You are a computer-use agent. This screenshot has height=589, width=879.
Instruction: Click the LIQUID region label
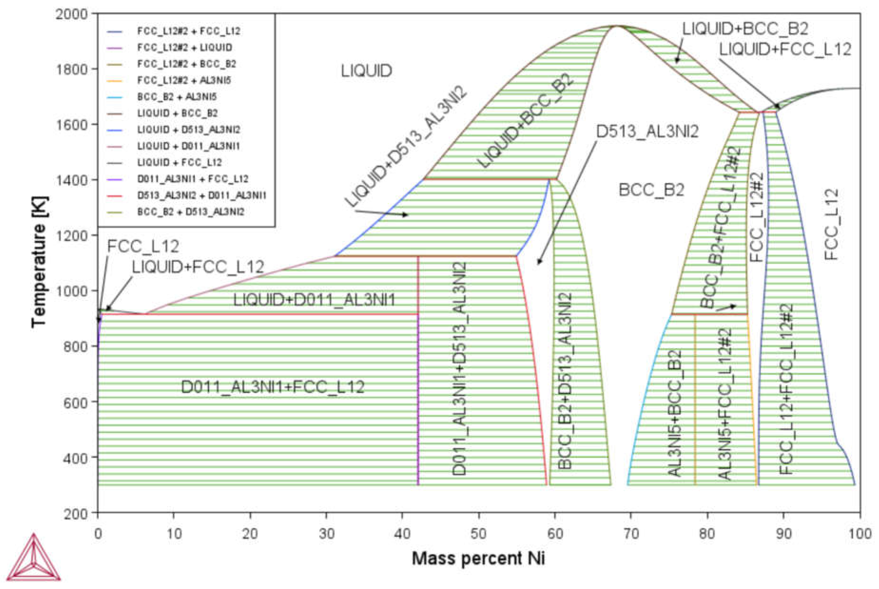[x=366, y=71]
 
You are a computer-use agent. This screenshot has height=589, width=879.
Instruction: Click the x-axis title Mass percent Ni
[x=478, y=559]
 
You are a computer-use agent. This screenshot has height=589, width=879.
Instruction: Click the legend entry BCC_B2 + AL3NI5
[x=176, y=97]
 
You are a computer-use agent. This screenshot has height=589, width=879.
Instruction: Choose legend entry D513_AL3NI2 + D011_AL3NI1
[x=201, y=195]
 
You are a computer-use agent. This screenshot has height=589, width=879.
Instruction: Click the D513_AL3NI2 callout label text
[x=647, y=132]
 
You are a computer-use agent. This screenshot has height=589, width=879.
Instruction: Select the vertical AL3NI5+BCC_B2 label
[x=675, y=413]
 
